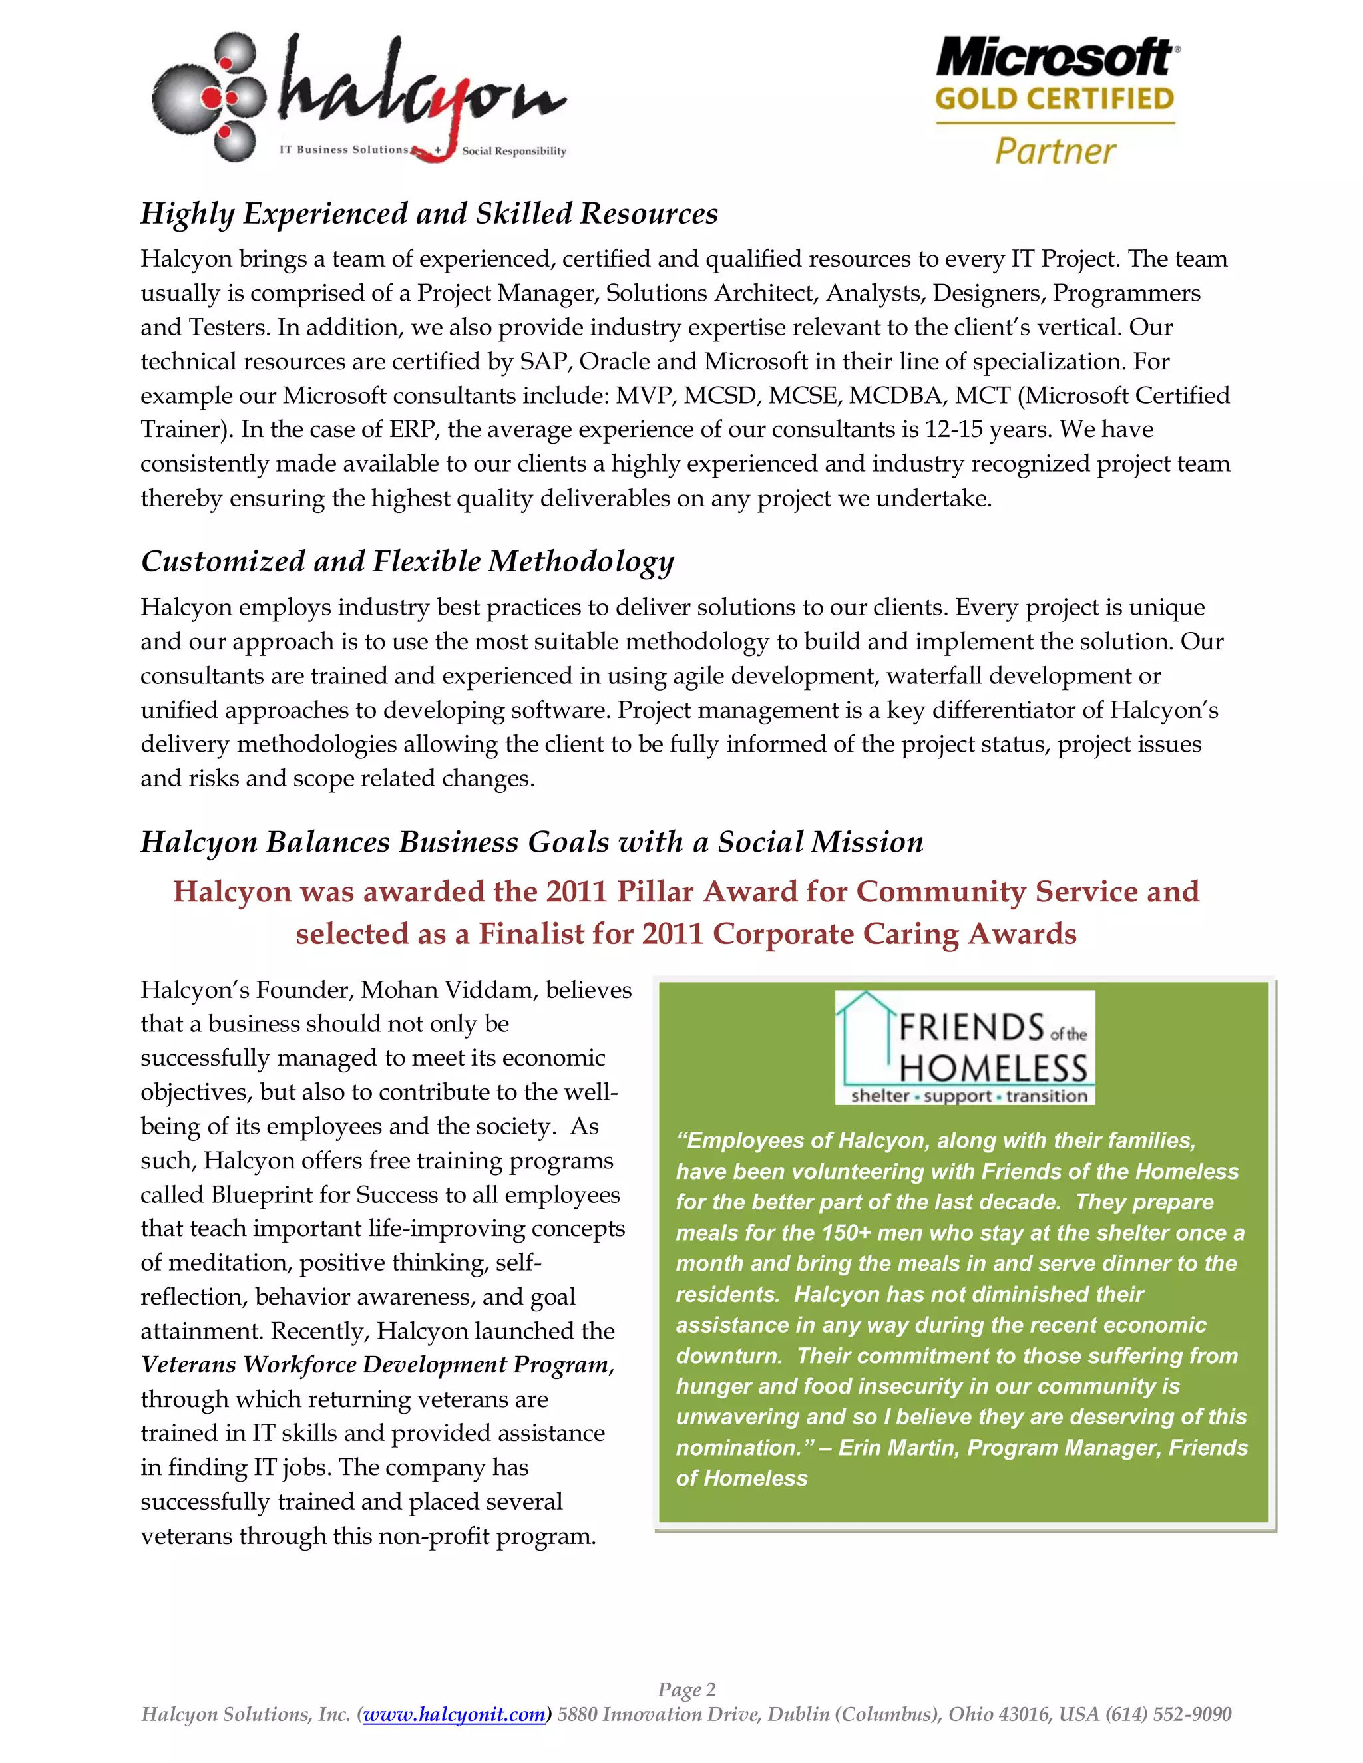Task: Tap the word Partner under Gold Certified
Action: [x=1055, y=151]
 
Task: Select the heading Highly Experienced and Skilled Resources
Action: [x=429, y=214]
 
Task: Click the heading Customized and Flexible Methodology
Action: [x=407, y=561]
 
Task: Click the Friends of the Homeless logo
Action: [x=965, y=1047]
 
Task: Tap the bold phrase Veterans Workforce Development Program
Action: [x=376, y=1365]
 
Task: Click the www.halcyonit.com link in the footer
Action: [x=455, y=1714]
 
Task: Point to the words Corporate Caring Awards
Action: [x=894, y=934]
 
